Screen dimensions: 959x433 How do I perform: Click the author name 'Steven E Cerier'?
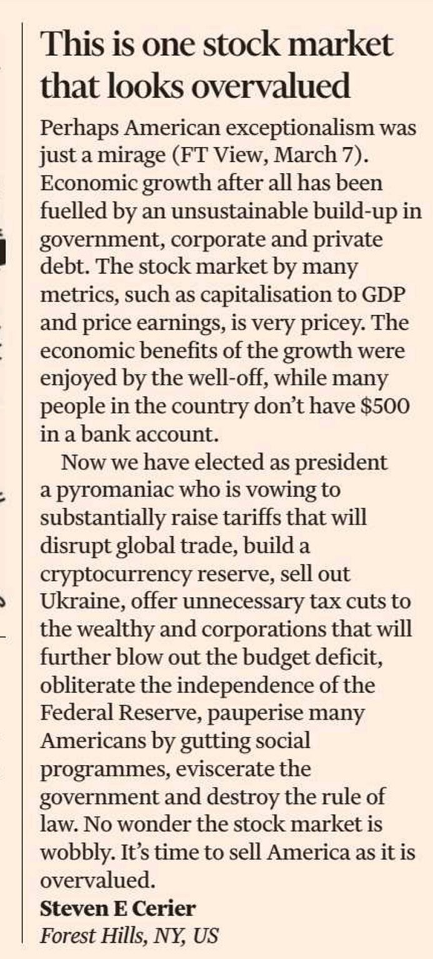117,908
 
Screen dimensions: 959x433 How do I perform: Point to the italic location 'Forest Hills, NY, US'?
129,936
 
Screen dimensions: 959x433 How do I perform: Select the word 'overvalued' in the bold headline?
271,86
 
